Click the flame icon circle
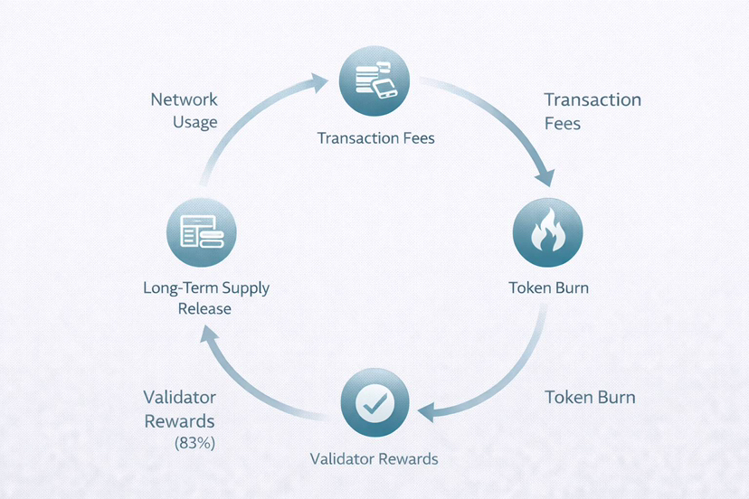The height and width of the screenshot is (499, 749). pos(547,233)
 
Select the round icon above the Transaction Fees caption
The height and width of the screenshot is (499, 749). pos(374,80)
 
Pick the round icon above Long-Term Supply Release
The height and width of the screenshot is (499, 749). pos(201,233)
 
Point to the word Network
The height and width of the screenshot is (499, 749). pos(184,99)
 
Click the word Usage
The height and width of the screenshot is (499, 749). pos(194,122)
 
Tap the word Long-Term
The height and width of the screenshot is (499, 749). pos(176,288)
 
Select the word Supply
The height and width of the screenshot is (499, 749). pos(241,288)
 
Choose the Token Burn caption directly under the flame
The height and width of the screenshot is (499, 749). pos(548,288)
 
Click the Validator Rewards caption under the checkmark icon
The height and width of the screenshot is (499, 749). pos(374,459)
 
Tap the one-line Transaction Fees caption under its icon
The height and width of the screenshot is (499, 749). pos(375,138)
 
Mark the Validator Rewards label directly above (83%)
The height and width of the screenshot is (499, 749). pos(179,410)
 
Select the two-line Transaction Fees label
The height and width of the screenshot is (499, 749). pos(592,110)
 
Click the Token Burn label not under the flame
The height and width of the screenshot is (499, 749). pos(590,398)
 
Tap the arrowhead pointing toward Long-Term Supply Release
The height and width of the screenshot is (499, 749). pos(210,334)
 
